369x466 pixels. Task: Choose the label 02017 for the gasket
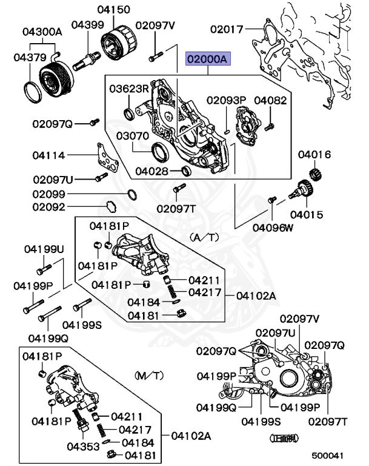pyautogui.click(x=227, y=29)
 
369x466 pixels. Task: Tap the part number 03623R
pyautogui.click(x=128, y=89)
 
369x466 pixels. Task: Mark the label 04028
pyautogui.click(x=151, y=172)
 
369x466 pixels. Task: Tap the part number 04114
pyautogui.click(x=49, y=155)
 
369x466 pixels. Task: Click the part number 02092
pyautogui.click(x=48, y=207)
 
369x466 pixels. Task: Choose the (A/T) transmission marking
pyautogui.click(x=204, y=237)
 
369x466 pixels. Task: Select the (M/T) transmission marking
pyautogui.click(x=148, y=376)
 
